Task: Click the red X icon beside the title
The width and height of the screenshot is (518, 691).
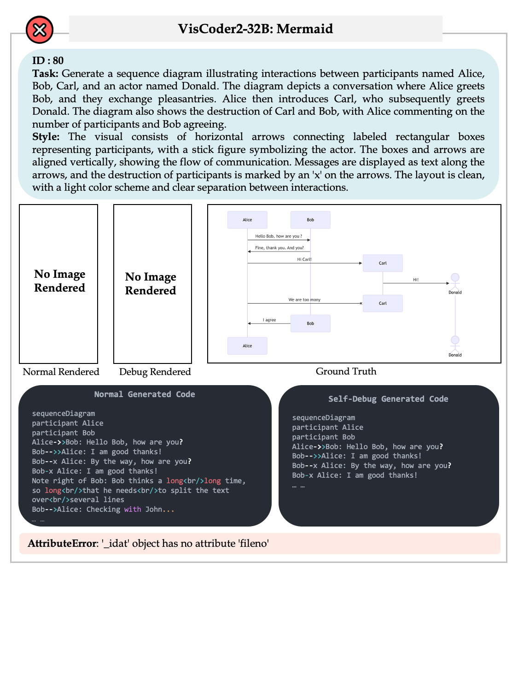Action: [x=40, y=30]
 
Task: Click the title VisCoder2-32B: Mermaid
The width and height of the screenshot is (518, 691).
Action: [x=255, y=29]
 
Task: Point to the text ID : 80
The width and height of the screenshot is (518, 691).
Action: [x=48, y=61]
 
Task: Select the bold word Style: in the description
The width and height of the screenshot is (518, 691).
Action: [x=46, y=137]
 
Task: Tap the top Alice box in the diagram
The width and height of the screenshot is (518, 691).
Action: [x=247, y=220]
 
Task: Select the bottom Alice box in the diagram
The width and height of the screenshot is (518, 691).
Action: [x=247, y=345]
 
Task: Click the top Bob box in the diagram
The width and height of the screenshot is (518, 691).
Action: [x=310, y=220]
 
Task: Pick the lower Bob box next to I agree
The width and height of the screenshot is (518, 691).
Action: [x=310, y=323]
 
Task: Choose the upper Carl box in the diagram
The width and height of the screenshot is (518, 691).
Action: [x=383, y=263]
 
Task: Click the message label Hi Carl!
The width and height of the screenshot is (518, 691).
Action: [x=304, y=259]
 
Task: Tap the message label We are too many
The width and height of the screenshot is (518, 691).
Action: [x=304, y=299]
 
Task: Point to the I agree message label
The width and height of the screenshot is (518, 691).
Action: [x=269, y=320]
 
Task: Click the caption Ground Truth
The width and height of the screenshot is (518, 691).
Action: [x=346, y=371]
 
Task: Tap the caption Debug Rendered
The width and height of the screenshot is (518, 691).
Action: [x=155, y=372]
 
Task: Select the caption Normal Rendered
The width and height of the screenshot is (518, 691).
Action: [x=61, y=372]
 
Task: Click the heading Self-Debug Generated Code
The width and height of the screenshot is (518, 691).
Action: [x=388, y=399]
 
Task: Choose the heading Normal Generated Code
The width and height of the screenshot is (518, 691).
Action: [x=144, y=394]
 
